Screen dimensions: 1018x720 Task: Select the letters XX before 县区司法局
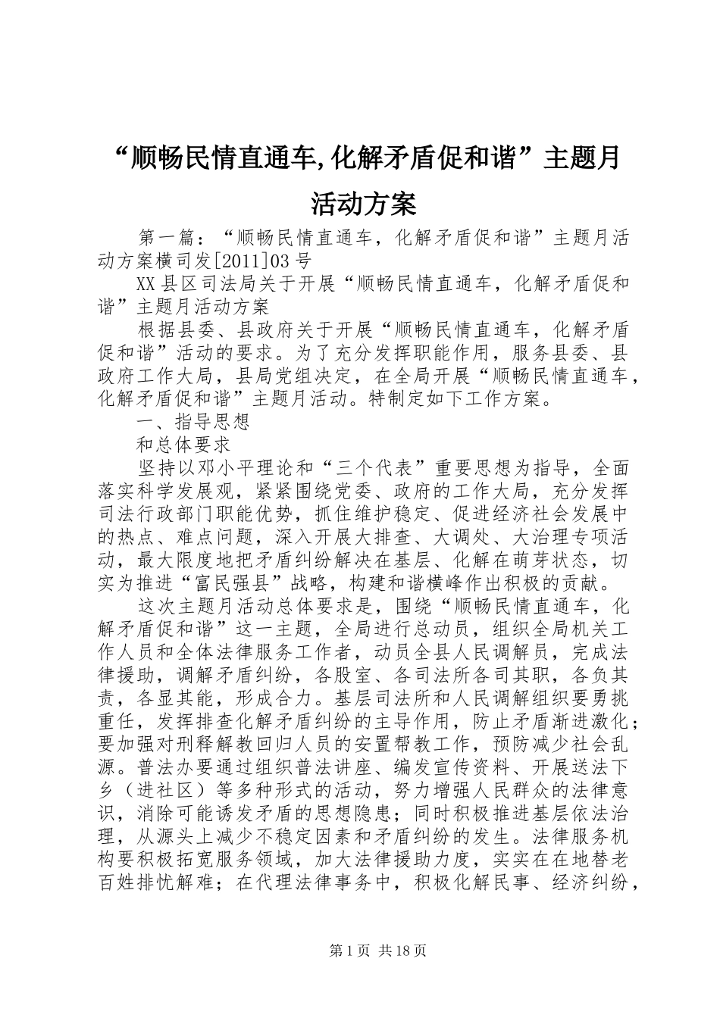(146, 285)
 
